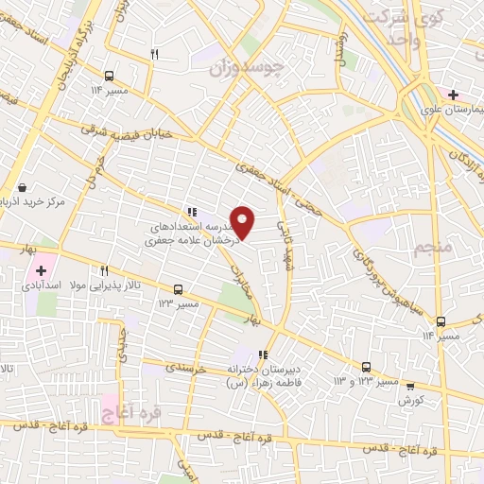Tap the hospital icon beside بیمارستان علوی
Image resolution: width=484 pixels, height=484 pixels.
[453, 95]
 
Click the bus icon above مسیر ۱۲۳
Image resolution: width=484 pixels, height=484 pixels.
[178, 289]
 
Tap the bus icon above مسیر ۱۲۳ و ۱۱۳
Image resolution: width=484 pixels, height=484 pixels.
[366, 368]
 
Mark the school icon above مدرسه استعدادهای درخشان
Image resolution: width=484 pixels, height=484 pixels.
[191, 213]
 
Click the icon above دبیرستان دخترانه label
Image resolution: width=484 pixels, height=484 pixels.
[264, 354]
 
